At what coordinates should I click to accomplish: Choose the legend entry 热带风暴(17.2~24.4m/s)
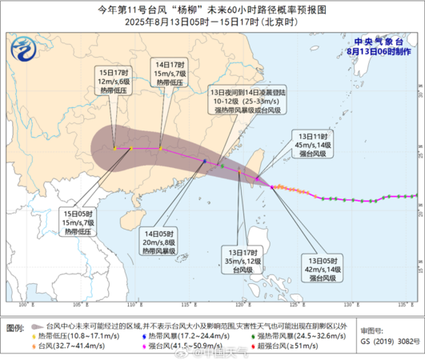tap(172, 337)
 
